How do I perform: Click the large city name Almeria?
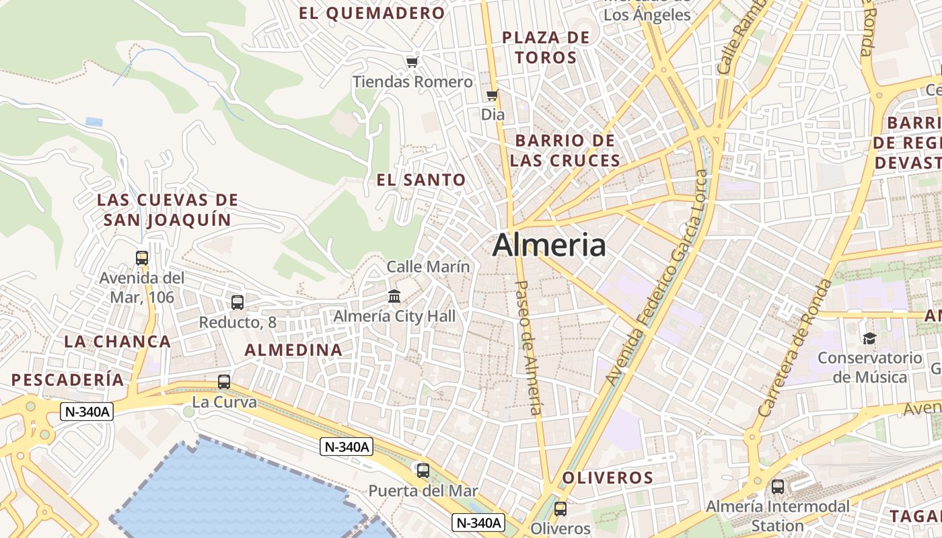pyautogui.click(x=548, y=245)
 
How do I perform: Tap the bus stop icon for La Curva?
pyautogui.click(x=224, y=382)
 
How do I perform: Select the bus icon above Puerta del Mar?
pyautogui.click(x=423, y=471)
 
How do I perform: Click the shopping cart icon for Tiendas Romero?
pyautogui.click(x=412, y=63)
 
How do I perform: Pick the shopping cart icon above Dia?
pyautogui.click(x=493, y=95)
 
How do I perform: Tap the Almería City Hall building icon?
pyautogui.click(x=394, y=296)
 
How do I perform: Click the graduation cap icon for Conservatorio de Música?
pyautogui.click(x=869, y=338)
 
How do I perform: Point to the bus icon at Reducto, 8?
pyautogui.click(x=237, y=303)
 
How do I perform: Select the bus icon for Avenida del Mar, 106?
pyautogui.click(x=141, y=258)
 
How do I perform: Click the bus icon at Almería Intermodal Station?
pyautogui.click(x=777, y=486)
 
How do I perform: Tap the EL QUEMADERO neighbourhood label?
pyautogui.click(x=372, y=13)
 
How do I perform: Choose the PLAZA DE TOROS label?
pyautogui.click(x=546, y=47)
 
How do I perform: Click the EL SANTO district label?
pyautogui.click(x=421, y=180)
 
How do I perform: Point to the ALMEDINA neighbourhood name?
pyautogui.click(x=293, y=350)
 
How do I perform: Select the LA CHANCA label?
pyautogui.click(x=117, y=341)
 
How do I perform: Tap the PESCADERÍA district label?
pyautogui.click(x=68, y=379)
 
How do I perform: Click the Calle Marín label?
pyautogui.click(x=428, y=267)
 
